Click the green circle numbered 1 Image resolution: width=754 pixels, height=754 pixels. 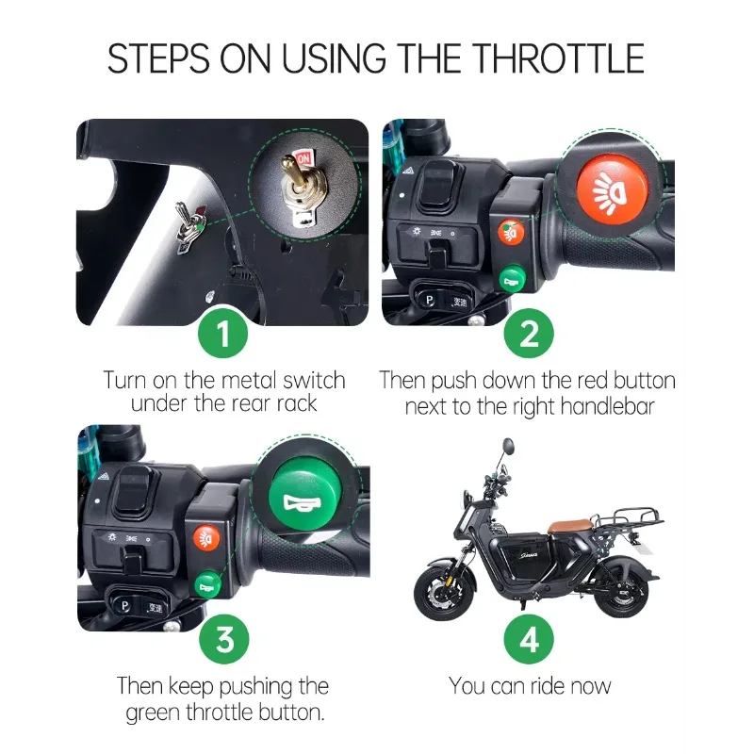coord(223,334)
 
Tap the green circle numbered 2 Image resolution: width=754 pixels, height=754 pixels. coord(529,334)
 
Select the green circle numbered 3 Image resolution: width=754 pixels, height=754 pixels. coord(224,639)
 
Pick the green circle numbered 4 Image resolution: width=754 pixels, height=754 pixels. coord(529,639)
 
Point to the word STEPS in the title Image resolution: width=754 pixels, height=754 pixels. coord(158,58)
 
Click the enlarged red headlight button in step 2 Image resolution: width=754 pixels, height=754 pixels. coord(612,189)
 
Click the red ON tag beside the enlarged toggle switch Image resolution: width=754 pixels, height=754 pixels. coord(303,158)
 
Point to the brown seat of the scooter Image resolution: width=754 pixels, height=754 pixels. coord(569,525)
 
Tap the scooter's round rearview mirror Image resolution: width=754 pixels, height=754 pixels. coord(508,446)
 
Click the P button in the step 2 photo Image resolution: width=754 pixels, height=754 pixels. coord(429,300)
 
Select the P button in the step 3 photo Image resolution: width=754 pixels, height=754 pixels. coord(124,606)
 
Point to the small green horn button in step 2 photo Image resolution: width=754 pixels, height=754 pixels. coord(513,279)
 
